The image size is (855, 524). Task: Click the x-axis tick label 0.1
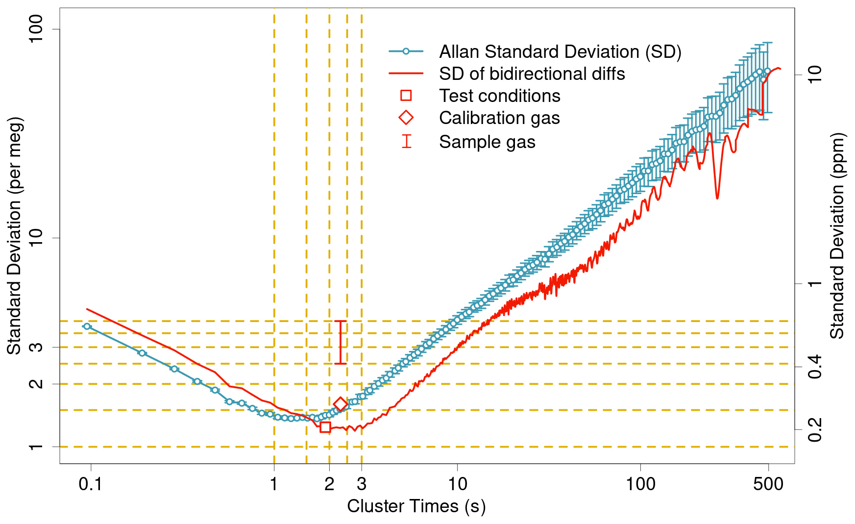pyautogui.click(x=91, y=484)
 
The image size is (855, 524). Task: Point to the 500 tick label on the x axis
pyautogui.click(x=768, y=484)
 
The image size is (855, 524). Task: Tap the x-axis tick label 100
pyautogui.click(x=640, y=484)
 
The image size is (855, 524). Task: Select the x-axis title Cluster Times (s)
pyautogui.click(x=416, y=506)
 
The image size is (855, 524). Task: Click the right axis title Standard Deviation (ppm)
pyautogui.click(x=837, y=236)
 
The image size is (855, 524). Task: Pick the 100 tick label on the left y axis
pyautogui.click(x=36, y=29)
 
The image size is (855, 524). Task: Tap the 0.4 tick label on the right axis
pyautogui.click(x=814, y=367)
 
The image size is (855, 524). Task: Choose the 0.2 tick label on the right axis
pyautogui.click(x=814, y=430)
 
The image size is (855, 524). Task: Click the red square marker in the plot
pyautogui.click(x=325, y=427)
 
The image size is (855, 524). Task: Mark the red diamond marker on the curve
pyautogui.click(x=341, y=404)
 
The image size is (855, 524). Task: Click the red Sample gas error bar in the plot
pyautogui.click(x=341, y=342)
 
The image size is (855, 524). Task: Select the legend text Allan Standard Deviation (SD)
pyautogui.click(x=560, y=51)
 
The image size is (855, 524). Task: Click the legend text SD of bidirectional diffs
pyautogui.click(x=532, y=74)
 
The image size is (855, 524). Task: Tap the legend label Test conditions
pyautogui.click(x=499, y=96)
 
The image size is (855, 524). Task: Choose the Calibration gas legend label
pyautogui.click(x=499, y=118)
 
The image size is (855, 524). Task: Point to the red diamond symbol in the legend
pyautogui.click(x=406, y=118)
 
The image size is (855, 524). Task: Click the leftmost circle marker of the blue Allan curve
pyautogui.click(x=87, y=326)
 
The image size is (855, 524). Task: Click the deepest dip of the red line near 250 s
pyautogui.click(x=717, y=198)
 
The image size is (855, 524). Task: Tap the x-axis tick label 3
pyautogui.click(x=362, y=484)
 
